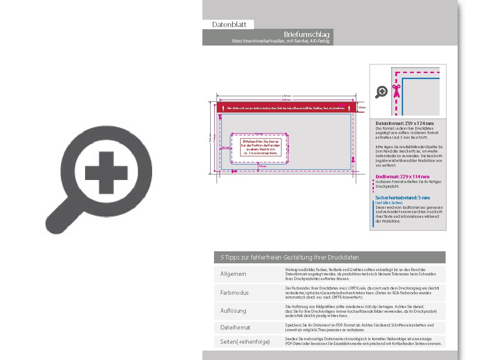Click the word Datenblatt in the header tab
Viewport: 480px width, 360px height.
point(228,25)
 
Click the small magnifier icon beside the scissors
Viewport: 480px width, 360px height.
point(381,92)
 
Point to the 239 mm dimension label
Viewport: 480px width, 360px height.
point(286,95)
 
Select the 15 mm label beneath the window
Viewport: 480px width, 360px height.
point(263,166)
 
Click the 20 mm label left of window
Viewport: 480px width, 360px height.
point(226,147)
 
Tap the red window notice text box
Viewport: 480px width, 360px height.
point(260,147)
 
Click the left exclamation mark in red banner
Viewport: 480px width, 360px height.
point(223,108)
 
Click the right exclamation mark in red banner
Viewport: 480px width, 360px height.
point(349,108)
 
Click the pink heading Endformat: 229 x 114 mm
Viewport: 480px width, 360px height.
point(402,177)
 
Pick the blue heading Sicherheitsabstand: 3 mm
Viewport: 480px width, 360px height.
point(402,198)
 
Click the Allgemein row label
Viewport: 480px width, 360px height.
point(233,274)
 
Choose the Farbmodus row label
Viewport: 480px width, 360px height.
point(235,293)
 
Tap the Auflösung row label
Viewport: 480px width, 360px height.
point(233,311)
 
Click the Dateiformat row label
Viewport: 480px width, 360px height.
point(235,327)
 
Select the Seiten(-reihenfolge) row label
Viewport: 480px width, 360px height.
point(245,342)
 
